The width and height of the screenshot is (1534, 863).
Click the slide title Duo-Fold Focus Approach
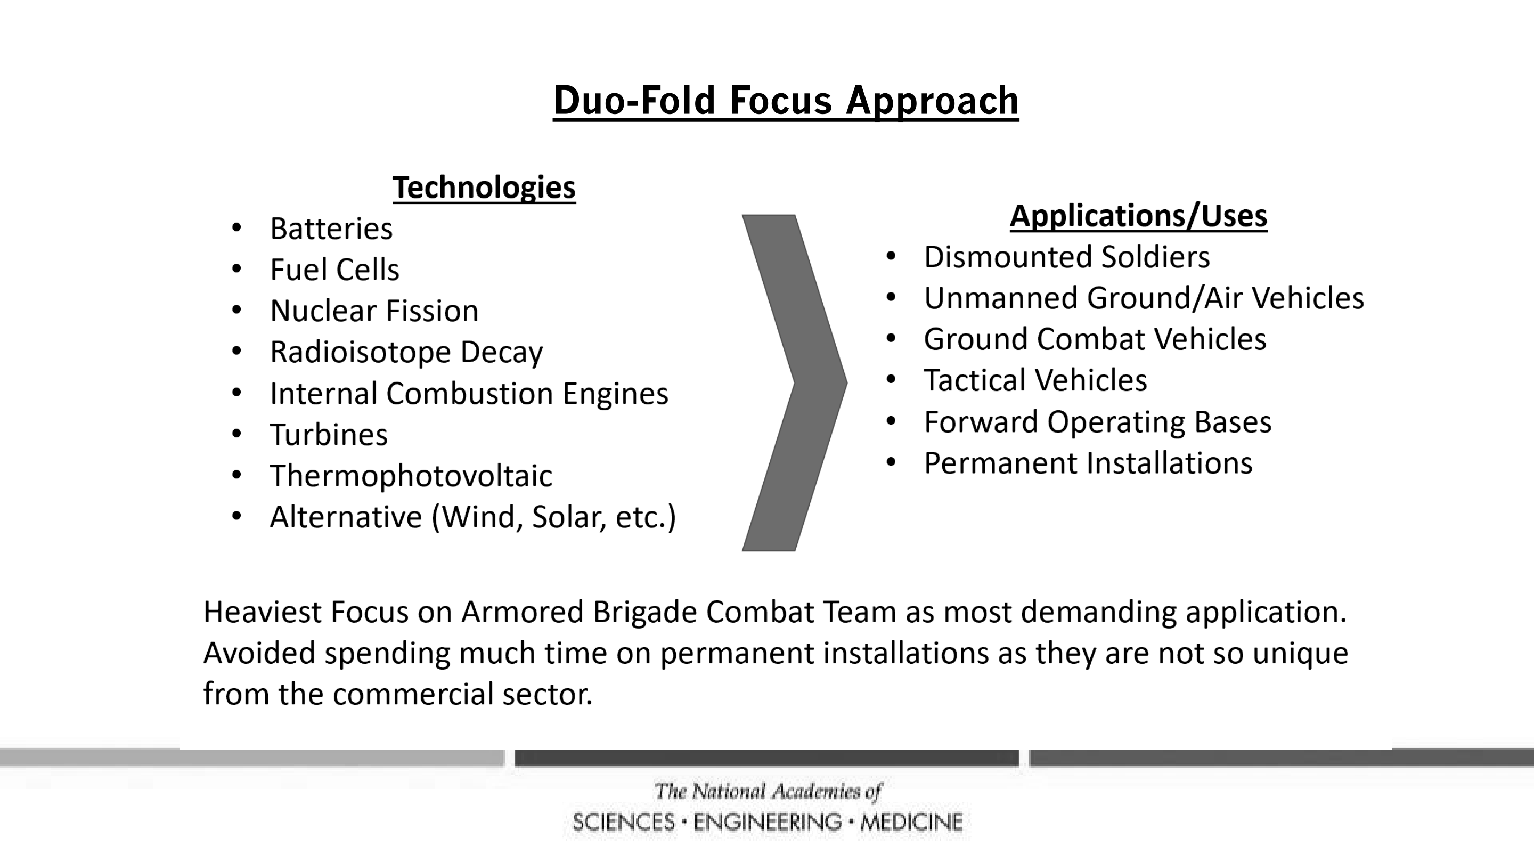pyautogui.click(x=786, y=101)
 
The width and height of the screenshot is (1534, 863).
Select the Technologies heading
pyautogui.click(x=484, y=188)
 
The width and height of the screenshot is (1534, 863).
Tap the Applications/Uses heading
pyautogui.click(x=1138, y=216)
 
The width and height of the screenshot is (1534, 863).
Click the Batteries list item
pyautogui.click(x=331, y=229)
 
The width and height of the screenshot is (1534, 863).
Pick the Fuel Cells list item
pyautogui.click(x=334, y=270)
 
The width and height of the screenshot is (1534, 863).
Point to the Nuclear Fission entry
pyautogui.click(x=374, y=311)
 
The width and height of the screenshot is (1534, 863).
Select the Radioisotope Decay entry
pyautogui.click(x=406, y=353)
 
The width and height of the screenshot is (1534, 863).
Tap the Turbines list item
pyautogui.click(x=329, y=435)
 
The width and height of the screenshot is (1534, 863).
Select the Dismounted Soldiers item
pyautogui.click(x=1066, y=257)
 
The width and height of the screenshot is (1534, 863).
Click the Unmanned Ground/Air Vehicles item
pyautogui.click(x=1144, y=298)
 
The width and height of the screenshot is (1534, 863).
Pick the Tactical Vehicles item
pyautogui.click(x=1035, y=380)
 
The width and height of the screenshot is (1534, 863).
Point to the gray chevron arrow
pyautogui.click(x=821, y=383)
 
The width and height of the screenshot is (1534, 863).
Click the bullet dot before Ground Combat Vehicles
pyautogui.click(x=891, y=338)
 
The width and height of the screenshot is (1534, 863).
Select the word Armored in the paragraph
pyautogui.click(x=521, y=612)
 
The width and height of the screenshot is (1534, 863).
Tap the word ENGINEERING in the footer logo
pyautogui.click(x=768, y=823)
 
